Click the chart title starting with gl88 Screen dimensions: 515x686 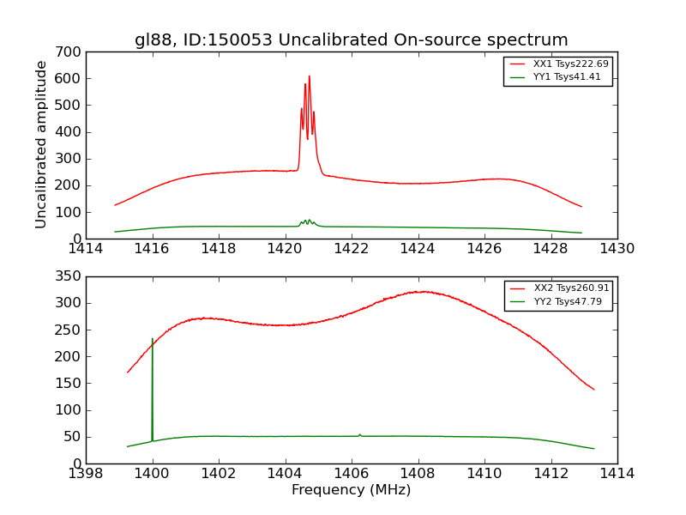pyautogui.click(x=351, y=39)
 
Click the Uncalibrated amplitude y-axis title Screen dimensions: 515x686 pyautogui.click(x=41, y=144)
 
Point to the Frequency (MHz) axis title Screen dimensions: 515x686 pyautogui.click(x=351, y=490)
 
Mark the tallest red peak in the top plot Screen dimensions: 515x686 pyautogui.click(x=309, y=76)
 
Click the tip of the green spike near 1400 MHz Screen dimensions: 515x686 pyautogui.click(x=152, y=339)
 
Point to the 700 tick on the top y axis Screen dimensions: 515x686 pyautogui.click(x=70, y=52)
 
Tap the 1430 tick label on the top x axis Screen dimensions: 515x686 pyautogui.click(x=617, y=249)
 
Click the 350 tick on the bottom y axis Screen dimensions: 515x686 pyautogui.click(x=70, y=276)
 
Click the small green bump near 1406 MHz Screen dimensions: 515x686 pyautogui.click(x=359, y=434)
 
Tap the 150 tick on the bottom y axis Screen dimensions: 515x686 pyautogui.click(x=70, y=384)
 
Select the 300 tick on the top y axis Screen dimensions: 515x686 pyautogui.click(x=70, y=159)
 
